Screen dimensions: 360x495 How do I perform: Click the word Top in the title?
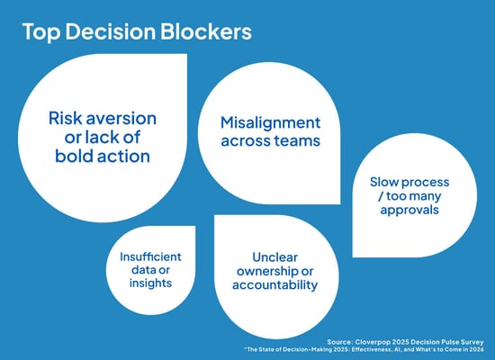[40, 32]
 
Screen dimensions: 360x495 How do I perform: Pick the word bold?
[67, 157]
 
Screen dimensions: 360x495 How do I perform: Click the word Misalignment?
[273, 122]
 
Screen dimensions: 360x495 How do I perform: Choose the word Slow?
[388, 183]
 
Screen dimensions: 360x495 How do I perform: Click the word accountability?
[274, 285]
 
